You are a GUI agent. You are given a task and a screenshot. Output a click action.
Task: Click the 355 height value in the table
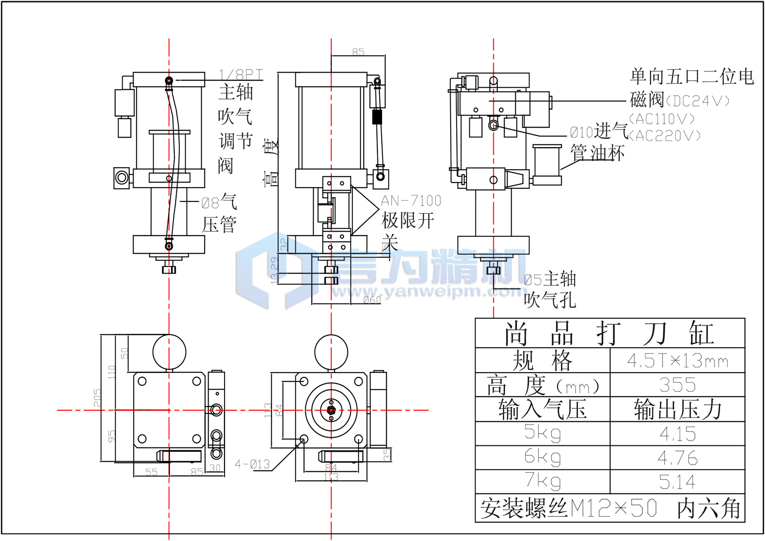677,385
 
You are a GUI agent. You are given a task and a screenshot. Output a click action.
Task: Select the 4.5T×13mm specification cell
677,361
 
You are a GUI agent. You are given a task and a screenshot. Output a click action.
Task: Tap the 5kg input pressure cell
542,433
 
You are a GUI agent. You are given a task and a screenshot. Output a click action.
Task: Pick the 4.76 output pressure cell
677,458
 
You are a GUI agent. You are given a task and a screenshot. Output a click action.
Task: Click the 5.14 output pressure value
677,482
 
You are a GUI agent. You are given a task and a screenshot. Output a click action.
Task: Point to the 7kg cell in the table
542,481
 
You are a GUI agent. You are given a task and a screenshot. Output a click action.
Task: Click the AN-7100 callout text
411,201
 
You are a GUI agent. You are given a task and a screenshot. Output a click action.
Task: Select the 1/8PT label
241,75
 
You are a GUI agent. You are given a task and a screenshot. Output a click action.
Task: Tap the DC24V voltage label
697,101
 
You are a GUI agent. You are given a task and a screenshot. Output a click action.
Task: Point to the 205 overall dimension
97,398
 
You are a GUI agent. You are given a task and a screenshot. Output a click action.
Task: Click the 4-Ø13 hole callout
253,464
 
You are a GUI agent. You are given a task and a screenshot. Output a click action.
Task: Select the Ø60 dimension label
372,300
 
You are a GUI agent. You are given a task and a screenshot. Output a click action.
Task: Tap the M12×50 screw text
613,508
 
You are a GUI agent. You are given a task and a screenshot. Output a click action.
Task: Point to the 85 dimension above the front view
358,52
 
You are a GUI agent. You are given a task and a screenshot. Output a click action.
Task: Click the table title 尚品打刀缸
609,334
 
